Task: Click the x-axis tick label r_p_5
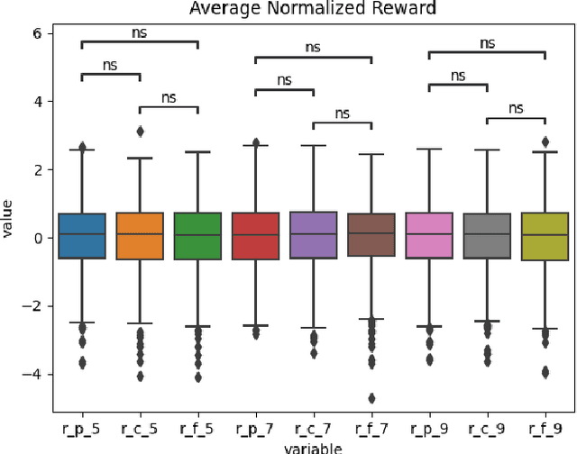[82, 428]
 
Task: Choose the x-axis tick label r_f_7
[371, 428]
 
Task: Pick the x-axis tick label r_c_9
[487, 428]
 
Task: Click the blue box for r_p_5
[82, 236]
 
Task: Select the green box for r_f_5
[197, 236]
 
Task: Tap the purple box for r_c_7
[313, 235]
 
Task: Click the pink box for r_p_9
[428, 236]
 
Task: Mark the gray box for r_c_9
[487, 236]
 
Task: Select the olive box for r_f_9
[545, 236]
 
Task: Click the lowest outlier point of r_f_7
[371, 398]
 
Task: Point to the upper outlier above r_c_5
[140, 132]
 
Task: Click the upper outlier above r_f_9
[545, 141]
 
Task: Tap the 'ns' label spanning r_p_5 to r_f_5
[139, 32]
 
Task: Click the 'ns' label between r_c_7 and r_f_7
[342, 113]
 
